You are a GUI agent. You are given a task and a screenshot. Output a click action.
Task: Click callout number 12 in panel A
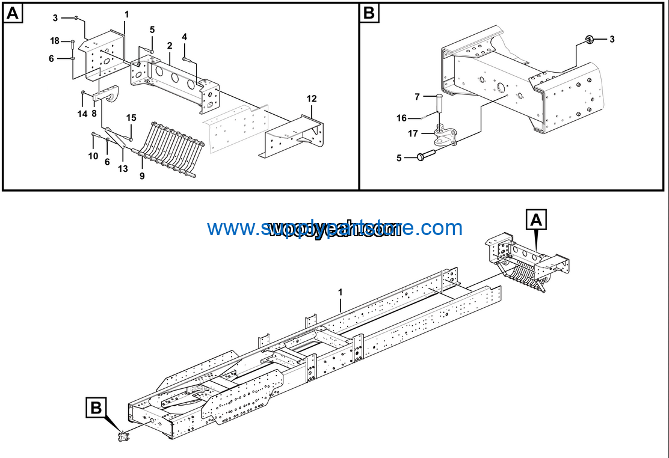(311, 99)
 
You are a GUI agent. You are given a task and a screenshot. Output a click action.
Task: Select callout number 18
(55, 41)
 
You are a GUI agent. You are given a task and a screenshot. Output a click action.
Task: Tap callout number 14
(82, 113)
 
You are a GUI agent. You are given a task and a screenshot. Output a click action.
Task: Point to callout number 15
(131, 117)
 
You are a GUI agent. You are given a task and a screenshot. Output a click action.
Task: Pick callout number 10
(93, 156)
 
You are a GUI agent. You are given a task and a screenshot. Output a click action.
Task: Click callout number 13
(123, 169)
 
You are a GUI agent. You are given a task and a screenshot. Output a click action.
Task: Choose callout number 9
(142, 176)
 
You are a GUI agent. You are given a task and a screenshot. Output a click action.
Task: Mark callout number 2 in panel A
(170, 46)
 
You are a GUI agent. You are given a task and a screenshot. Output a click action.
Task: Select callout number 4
(184, 37)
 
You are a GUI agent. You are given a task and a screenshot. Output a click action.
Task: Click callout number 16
(401, 118)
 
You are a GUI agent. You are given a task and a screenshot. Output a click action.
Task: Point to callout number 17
(413, 133)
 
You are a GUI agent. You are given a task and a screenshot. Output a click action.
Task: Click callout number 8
(94, 113)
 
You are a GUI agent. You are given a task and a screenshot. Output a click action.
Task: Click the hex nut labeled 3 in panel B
(590, 40)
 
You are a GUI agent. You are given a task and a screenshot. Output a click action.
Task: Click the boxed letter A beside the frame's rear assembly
(537, 221)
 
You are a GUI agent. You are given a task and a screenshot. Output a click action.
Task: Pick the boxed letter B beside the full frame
(96, 408)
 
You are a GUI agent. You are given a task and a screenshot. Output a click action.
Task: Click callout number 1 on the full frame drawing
(340, 292)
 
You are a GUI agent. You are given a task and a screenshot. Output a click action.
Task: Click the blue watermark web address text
(334, 228)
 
